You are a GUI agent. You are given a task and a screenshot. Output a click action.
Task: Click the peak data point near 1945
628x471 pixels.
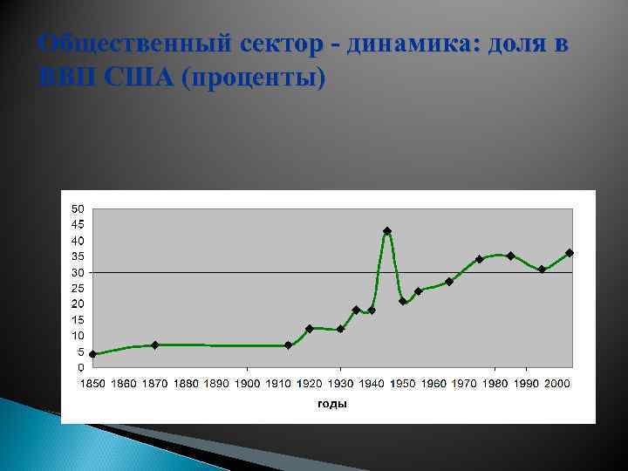coord(387,231)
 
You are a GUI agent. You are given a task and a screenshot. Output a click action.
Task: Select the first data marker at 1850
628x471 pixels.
coord(92,354)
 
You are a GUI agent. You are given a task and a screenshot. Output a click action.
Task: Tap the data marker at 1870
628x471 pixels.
coord(154,345)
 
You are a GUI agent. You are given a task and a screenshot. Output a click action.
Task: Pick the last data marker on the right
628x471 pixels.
coord(569,253)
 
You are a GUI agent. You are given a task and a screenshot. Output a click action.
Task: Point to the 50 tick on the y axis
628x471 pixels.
coord(78,209)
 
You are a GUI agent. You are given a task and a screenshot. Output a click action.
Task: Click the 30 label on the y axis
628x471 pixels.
coord(78,272)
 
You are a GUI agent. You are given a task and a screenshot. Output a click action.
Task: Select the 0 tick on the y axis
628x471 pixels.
coord(80,367)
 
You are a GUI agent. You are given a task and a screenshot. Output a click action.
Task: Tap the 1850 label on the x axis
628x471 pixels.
coord(93,384)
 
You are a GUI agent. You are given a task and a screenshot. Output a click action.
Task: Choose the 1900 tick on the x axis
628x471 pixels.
coord(248,384)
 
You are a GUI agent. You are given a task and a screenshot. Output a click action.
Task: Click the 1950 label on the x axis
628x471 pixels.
coord(403,384)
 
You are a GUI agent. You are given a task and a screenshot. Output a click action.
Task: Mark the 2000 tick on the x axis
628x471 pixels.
coord(557,384)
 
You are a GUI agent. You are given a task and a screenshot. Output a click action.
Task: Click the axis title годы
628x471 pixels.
coord(332,404)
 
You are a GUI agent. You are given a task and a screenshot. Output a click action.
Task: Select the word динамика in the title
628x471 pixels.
coord(409,44)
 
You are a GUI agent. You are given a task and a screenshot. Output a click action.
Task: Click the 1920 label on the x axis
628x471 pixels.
coord(310,384)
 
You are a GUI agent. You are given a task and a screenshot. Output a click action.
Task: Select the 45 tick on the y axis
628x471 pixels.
coord(78,225)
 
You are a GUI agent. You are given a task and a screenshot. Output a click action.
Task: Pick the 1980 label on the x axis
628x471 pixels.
coord(495,384)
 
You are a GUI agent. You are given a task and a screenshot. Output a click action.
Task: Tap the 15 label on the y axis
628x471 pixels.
coord(78,320)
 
